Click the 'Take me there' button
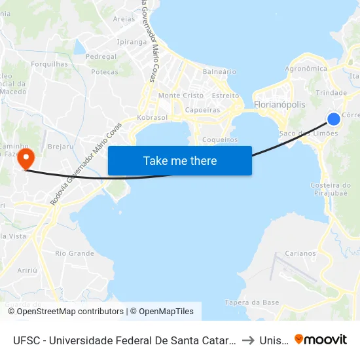(x=180, y=160)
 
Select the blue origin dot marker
(x=333, y=118)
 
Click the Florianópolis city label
(x=279, y=105)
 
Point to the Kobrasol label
(x=153, y=118)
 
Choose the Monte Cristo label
(x=181, y=96)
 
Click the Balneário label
(x=219, y=71)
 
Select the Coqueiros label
(x=219, y=140)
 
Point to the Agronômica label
(x=306, y=69)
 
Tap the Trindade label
(x=331, y=93)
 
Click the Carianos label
(x=300, y=253)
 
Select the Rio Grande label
(x=75, y=253)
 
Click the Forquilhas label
(x=49, y=64)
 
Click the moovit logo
(x=321, y=340)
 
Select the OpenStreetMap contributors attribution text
(x=65, y=312)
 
